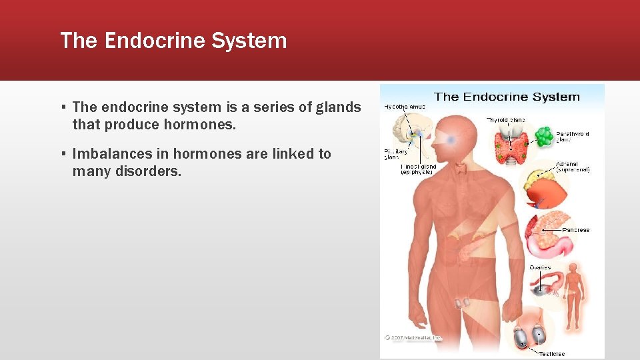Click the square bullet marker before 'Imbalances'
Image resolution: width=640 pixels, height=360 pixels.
(63, 154)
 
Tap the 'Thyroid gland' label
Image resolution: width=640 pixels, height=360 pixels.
(505, 120)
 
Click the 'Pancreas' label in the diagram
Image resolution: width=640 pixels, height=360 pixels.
(575, 230)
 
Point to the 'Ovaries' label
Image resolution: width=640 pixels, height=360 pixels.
(540, 267)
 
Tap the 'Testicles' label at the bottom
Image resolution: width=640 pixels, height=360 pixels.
(551, 353)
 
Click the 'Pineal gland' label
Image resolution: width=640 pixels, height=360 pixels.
(418, 169)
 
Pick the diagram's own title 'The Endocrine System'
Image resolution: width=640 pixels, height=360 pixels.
(507, 97)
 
